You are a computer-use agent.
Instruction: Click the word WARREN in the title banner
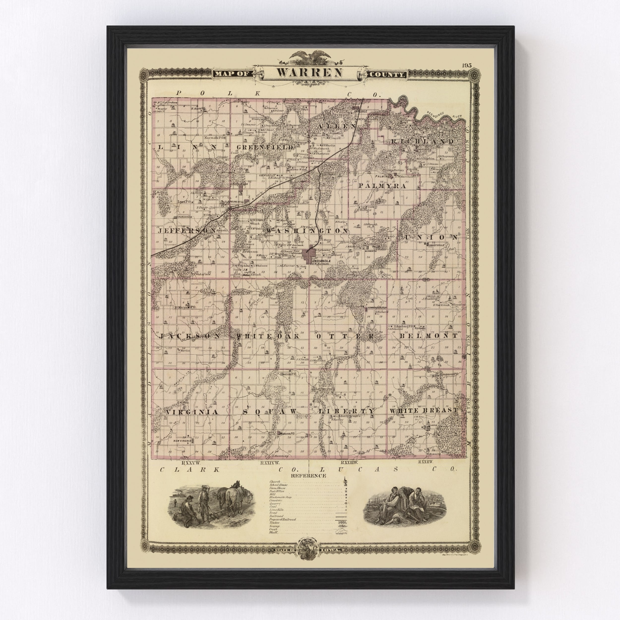point(310,72)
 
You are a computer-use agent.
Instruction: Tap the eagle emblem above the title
point(310,58)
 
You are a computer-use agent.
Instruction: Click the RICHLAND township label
point(422,142)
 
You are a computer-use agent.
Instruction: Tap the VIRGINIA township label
point(188,412)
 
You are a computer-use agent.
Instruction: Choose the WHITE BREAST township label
point(424,410)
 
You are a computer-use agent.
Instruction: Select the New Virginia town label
point(182,441)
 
